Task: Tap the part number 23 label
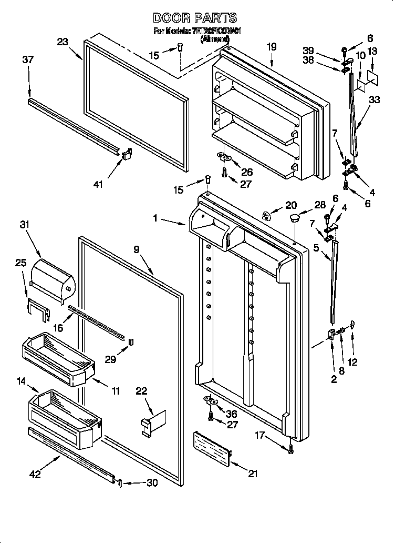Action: tap(63, 42)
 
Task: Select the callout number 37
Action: tap(28, 60)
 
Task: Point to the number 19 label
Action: tap(271, 47)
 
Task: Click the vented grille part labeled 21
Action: tap(213, 448)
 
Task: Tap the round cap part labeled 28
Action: tap(294, 217)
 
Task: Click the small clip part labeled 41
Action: tap(126, 155)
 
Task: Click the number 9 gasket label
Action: tap(136, 250)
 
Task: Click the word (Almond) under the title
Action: tap(215, 39)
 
